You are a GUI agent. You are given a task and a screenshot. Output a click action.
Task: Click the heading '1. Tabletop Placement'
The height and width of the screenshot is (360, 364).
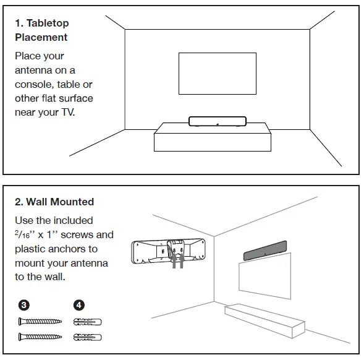41,30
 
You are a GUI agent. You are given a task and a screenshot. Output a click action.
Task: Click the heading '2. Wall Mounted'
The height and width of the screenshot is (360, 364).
54,201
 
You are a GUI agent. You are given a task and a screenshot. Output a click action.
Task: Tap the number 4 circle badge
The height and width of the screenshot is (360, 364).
78,304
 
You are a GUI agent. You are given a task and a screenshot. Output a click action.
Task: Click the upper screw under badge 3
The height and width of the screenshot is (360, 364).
40,322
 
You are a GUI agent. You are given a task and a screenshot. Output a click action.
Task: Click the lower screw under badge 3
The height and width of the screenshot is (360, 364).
40,337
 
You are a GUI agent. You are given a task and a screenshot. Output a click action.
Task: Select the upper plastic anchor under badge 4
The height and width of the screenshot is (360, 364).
87,322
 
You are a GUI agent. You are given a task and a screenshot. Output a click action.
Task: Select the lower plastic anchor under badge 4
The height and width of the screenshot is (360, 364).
87,337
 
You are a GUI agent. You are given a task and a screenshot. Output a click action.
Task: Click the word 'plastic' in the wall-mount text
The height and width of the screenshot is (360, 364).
31,249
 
